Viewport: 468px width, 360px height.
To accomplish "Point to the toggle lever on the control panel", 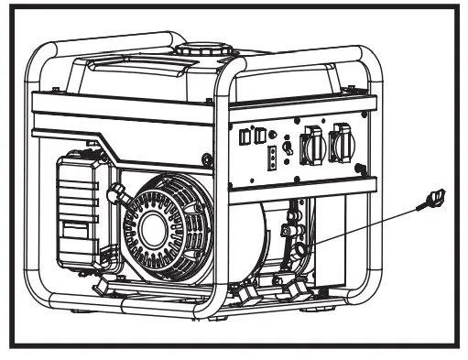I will (x=288, y=147).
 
